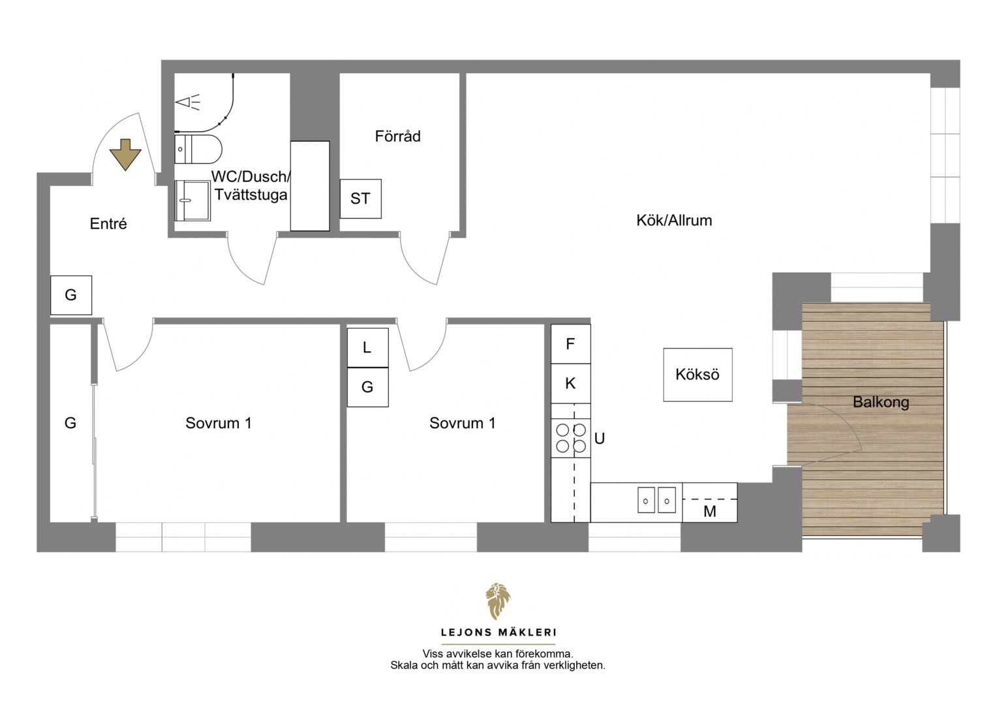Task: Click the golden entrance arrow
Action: tap(125, 154)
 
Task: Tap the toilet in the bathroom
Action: tap(198, 149)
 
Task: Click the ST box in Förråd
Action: tap(361, 198)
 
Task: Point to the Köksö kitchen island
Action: tap(698, 375)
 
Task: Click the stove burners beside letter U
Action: tap(571, 438)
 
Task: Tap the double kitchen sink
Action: tap(656, 500)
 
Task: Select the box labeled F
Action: tap(571, 344)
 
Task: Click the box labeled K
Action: tap(571, 383)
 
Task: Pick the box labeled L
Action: tap(367, 347)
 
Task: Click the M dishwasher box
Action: tap(709, 503)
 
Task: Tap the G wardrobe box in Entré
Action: tap(71, 295)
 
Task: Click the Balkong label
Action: tap(881, 402)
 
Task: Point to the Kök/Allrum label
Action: tap(674, 221)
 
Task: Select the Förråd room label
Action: tap(397, 136)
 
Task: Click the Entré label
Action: tap(108, 223)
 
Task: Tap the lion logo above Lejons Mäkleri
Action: tap(498, 601)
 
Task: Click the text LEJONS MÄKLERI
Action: tap(498, 633)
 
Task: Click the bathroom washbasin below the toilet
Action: tap(192, 200)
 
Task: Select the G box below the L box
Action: tap(367, 387)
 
